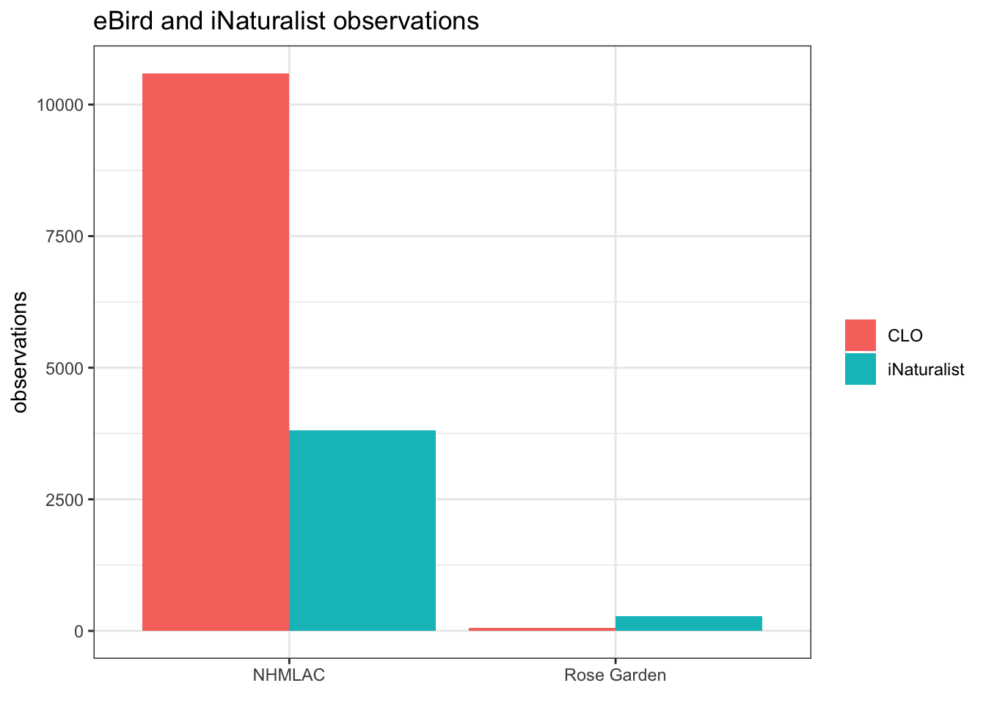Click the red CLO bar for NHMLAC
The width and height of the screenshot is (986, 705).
pyautogui.click(x=216, y=352)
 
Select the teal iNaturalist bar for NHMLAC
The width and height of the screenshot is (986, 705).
pyautogui.click(x=362, y=530)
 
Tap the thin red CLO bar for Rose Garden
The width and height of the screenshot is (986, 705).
pyautogui.click(x=542, y=629)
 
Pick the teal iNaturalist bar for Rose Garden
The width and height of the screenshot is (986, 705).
pyautogui.click(x=688, y=623)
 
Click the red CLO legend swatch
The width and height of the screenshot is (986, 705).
pyautogui.click(x=860, y=335)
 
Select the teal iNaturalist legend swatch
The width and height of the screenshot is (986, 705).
pyautogui.click(x=860, y=369)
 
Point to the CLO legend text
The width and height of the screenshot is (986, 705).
pyautogui.click(x=905, y=336)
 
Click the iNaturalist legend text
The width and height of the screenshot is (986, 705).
pyautogui.click(x=926, y=369)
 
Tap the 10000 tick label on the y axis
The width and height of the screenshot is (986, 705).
pyautogui.click(x=60, y=105)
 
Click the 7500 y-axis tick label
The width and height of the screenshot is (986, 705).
pyautogui.click(x=65, y=236)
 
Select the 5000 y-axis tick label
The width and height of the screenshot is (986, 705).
pyautogui.click(x=65, y=369)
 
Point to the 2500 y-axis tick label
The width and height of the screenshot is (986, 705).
pyautogui.click(x=65, y=500)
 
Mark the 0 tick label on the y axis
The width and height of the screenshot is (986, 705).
pyautogui.click(x=78, y=632)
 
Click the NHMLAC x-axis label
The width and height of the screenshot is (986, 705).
pyautogui.click(x=289, y=675)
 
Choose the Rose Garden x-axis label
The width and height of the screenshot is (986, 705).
pyautogui.click(x=615, y=675)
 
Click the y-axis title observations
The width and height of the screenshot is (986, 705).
pyautogui.click(x=20, y=352)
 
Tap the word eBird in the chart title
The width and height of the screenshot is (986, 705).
pyautogui.click(x=123, y=21)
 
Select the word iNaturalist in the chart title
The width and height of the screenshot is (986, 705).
pyautogui.click(x=268, y=21)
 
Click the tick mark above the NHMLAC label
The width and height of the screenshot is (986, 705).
pyautogui.click(x=289, y=661)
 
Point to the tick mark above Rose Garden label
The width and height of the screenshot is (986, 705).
pyautogui.click(x=616, y=661)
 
